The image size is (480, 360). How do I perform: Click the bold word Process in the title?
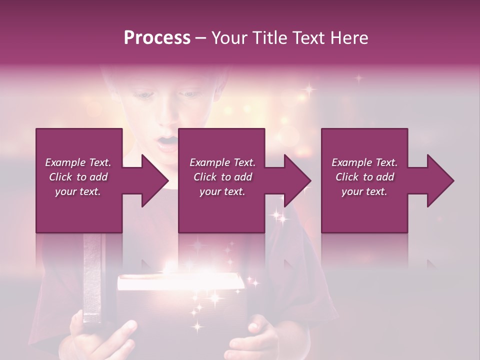(x=157, y=38)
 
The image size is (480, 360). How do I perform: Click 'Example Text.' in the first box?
(x=78, y=162)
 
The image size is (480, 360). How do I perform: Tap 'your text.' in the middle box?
(x=222, y=191)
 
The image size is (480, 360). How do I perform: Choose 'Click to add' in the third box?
(x=364, y=177)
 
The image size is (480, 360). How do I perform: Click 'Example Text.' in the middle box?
(x=222, y=162)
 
